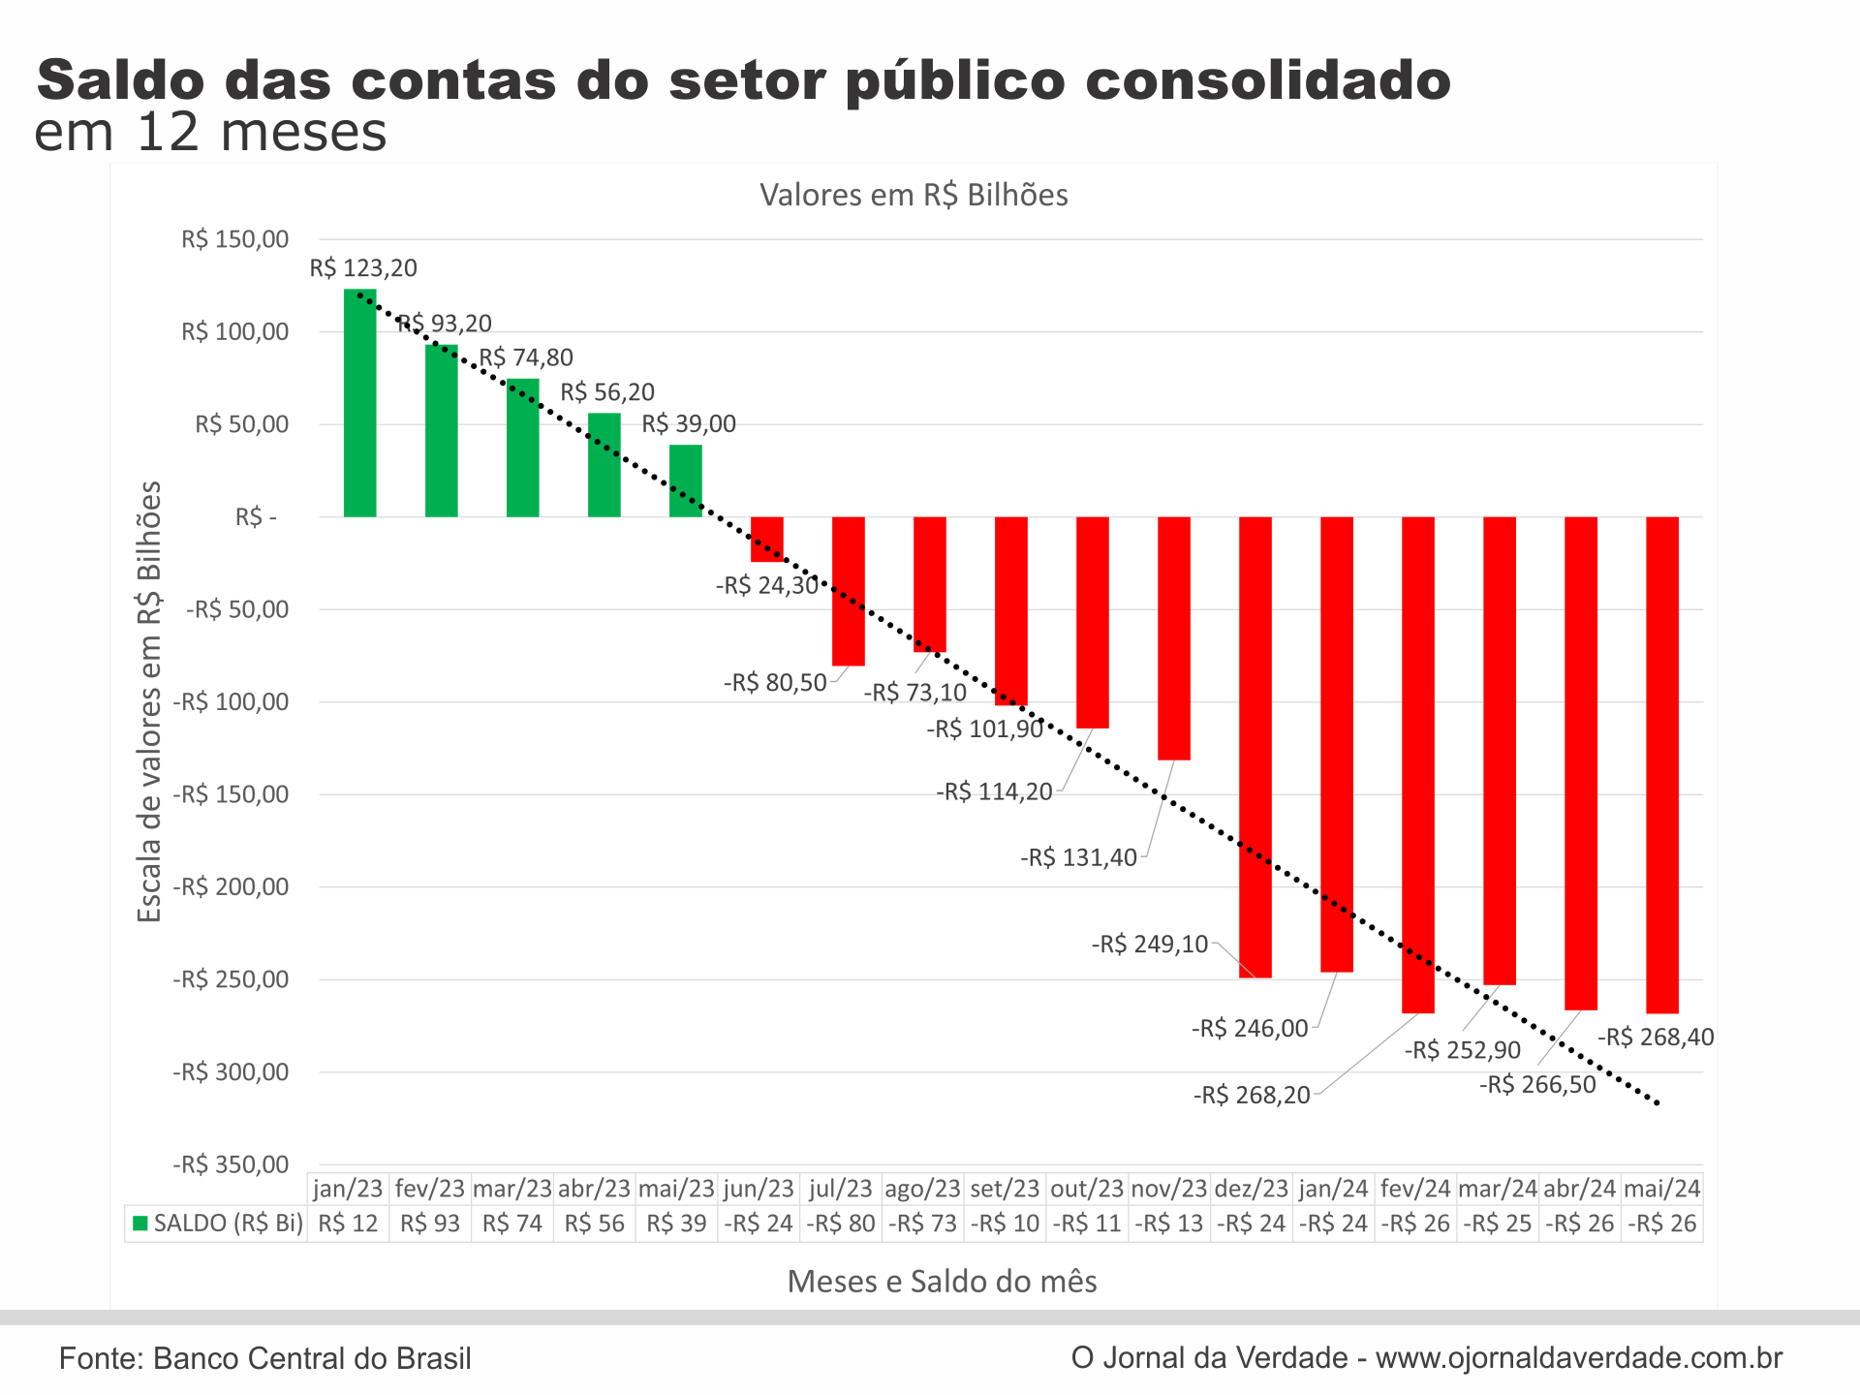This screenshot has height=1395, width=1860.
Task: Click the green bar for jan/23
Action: click(x=359, y=403)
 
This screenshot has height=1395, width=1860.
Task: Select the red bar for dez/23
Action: click(x=1255, y=746)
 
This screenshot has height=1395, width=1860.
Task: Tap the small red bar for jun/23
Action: click(x=767, y=540)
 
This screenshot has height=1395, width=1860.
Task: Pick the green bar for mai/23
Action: click(x=686, y=480)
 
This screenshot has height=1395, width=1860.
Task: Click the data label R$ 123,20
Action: click(x=363, y=268)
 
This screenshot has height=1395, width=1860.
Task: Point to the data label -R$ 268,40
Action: click(x=1656, y=1038)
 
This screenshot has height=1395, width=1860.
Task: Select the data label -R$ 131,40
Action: click(x=1078, y=857)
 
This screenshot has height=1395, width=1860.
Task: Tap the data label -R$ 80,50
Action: click(x=775, y=683)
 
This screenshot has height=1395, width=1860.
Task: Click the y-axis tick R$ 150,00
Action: click(x=234, y=239)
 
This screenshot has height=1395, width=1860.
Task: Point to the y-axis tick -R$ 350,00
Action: click(x=231, y=1164)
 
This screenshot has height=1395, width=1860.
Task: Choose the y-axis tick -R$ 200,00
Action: click(x=231, y=887)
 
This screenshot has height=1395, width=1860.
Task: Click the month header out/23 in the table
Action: click(x=1087, y=1189)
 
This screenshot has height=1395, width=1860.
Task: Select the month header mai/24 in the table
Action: click(x=1662, y=1189)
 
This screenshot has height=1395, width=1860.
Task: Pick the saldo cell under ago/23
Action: click(x=922, y=1224)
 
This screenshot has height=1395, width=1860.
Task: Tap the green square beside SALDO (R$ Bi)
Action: click(x=140, y=1224)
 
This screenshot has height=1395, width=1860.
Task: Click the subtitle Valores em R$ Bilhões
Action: click(x=914, y=195)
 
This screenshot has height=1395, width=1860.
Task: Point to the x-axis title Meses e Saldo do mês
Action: click(x=942, y=1282)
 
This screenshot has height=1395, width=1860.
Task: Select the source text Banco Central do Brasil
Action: click(x=312, y=1358)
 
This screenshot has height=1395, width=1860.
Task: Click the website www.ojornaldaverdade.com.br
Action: click(x=1579, y=1358)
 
